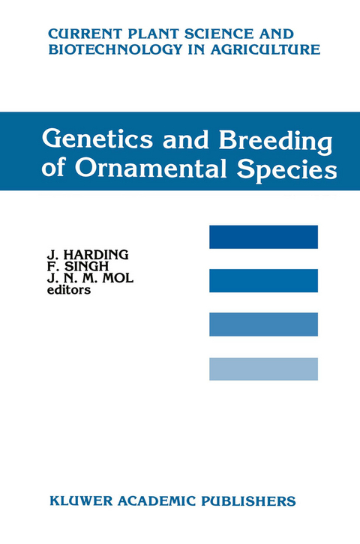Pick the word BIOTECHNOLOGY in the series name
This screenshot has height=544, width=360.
click(x=107, y=49)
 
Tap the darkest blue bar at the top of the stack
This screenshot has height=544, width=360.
click(x=263, y=237)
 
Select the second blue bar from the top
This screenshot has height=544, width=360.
click(x=263, y=281)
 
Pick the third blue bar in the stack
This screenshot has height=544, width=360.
click(x=263, y=324)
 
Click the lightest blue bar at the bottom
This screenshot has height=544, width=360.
click(x=263, y=369)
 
